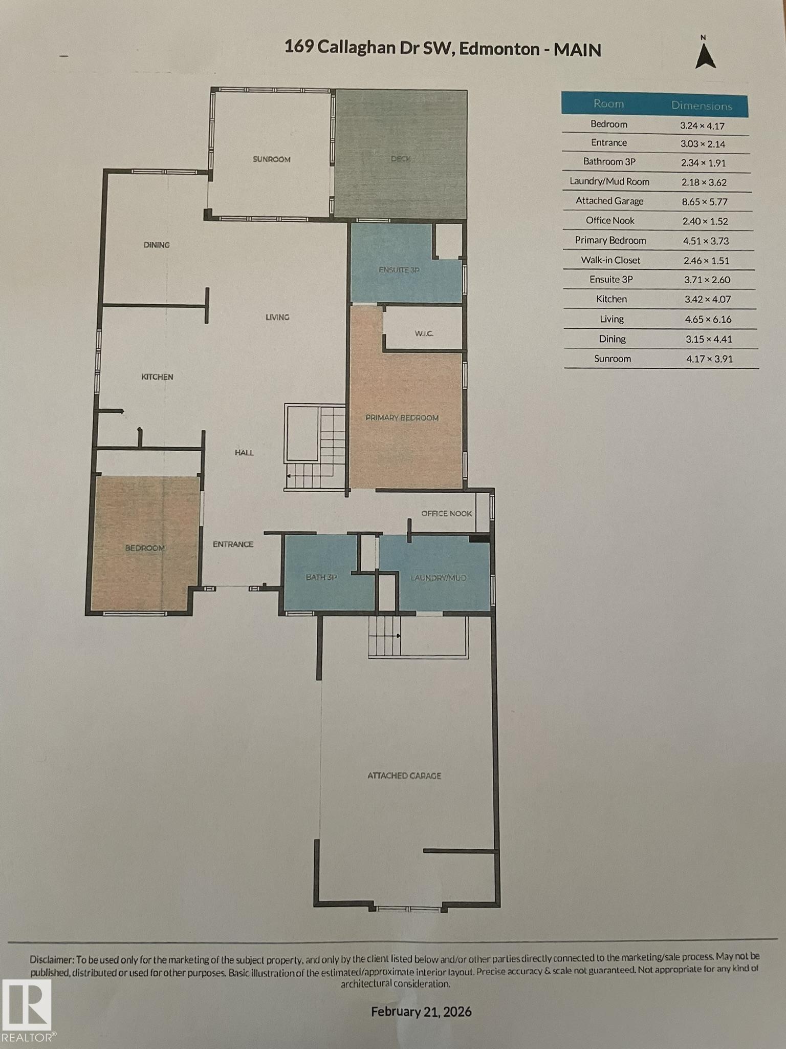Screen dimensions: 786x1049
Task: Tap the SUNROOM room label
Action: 272,159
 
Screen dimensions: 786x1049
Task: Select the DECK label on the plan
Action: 401,159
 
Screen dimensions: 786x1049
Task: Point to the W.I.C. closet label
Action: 424,334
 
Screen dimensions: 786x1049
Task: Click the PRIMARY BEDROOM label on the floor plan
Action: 402,418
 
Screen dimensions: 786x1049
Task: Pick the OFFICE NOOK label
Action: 447,513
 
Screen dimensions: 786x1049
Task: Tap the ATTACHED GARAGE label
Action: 404,776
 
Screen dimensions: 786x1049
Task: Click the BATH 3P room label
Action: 321,577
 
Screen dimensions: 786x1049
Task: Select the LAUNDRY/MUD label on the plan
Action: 439,578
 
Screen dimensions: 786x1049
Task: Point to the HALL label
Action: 244,453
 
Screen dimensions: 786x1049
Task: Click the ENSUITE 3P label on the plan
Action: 399,270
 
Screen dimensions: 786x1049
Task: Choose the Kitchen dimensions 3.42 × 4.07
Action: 708,299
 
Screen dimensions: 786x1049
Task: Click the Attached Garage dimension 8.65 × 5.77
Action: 705,202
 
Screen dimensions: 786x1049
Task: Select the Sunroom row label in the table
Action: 613,359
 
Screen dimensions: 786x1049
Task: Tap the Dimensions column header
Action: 702,106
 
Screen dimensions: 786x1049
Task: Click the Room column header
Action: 608,104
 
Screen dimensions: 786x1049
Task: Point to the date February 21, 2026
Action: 421,1012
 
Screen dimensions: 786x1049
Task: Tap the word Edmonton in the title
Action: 499,49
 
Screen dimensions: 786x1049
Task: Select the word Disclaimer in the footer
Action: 53,959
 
